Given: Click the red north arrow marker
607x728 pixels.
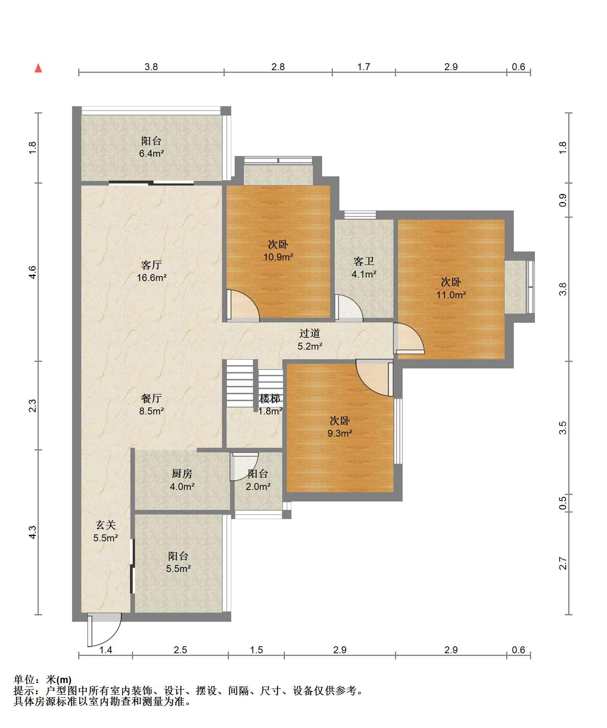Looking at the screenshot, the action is tap(38, 68).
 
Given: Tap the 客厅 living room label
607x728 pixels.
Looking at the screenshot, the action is tap(151, 265).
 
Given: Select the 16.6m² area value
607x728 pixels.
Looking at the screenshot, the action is tap(152, 278).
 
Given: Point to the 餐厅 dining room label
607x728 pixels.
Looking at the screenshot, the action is tap(151, 399).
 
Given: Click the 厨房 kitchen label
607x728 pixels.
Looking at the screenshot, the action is tap(182, 474).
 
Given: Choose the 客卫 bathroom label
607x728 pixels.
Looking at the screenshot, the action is tap(364, 261).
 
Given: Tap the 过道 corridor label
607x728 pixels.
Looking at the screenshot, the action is tap(310, 334).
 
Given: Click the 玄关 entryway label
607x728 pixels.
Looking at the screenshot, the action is tap(105, 525).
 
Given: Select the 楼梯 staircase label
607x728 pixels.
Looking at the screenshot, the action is tap(270, 399).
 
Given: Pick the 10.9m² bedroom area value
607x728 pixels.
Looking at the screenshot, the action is tap(278, 257).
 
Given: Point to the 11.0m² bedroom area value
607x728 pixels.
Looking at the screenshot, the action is tap(451, 295).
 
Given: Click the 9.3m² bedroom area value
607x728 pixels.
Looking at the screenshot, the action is tap(340, 434).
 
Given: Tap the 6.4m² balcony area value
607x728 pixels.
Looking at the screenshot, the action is tap(151, 154).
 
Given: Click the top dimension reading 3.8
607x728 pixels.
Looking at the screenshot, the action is tap(151, 67).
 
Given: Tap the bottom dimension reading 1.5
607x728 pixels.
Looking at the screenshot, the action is tap(256, 650).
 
